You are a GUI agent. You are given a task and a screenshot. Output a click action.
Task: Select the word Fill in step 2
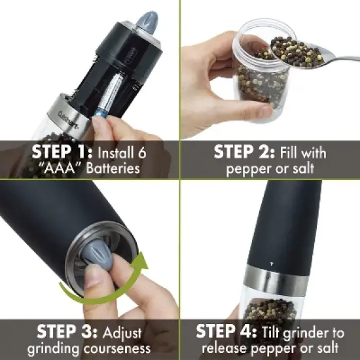coord(289,153)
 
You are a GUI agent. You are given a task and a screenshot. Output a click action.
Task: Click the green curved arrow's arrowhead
coord(140,264)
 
